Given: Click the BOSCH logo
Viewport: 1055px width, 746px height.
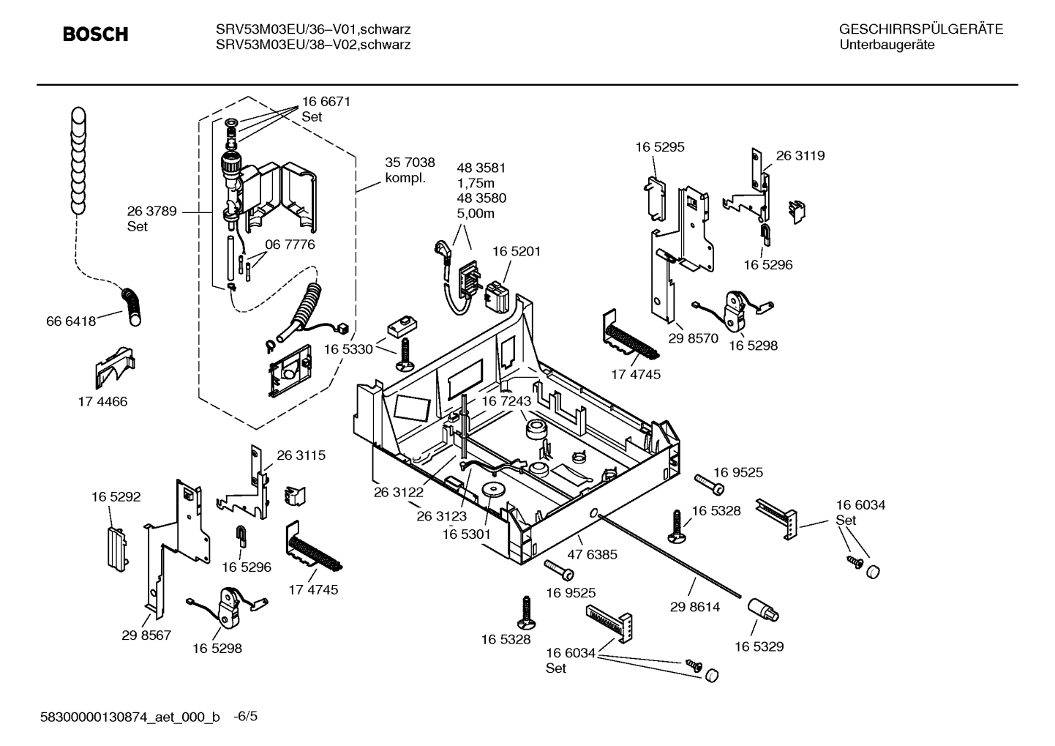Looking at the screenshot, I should [95, 34].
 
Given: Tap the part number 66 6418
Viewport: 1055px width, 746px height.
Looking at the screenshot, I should [71, 321].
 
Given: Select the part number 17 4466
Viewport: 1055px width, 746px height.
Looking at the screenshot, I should [102, 402].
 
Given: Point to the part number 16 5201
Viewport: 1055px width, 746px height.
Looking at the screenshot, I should [517, 251].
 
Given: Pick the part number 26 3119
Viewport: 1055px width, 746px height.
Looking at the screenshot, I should [800, 156].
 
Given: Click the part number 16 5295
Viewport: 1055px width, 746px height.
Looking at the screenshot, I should [660, 147].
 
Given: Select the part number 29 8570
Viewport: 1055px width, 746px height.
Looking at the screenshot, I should [694, 339].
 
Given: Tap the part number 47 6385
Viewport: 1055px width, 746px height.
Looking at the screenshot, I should [593, 554].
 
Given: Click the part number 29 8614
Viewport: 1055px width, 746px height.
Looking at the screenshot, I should [695, 607].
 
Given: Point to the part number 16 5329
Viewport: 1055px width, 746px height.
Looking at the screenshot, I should [759, 646].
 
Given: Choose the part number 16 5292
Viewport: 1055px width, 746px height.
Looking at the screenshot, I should [116, 497].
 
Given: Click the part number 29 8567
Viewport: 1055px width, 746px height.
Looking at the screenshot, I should [146, 635].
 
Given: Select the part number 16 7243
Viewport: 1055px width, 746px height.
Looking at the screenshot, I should [506, 401].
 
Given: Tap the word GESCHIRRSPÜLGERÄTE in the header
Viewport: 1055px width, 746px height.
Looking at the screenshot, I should [920, 30].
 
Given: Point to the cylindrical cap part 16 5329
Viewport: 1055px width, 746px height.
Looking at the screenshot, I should [763, 610].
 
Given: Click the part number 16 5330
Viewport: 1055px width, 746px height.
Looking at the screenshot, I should [348, 349].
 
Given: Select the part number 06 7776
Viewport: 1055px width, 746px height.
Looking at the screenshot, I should [290, 245].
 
